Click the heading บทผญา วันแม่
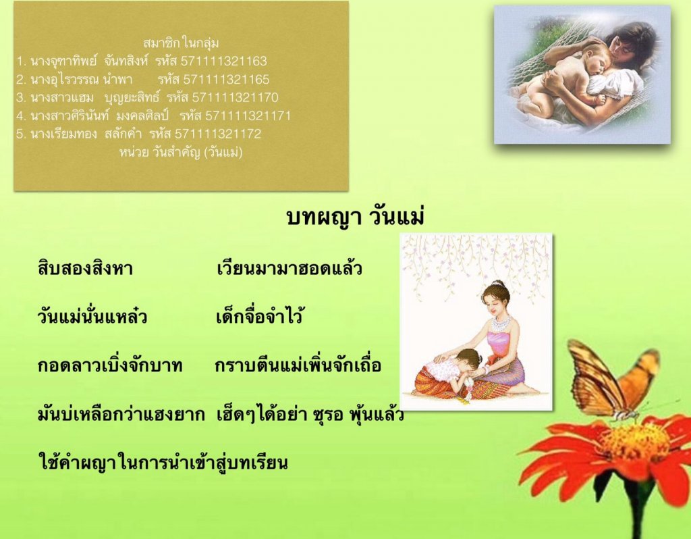(355, 217)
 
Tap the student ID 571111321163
(223, 61)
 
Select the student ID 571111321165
(226, 80)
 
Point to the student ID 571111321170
(236, 97)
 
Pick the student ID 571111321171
(248, 116)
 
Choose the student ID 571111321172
(218, 134)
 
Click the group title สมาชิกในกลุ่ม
(181, 43)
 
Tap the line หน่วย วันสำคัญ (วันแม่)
(181, 153)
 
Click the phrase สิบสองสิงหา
(86, 269)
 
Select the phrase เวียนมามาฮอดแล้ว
(289, 268)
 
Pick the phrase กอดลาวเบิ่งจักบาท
(110, 365)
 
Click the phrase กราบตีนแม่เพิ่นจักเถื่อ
(298, 365)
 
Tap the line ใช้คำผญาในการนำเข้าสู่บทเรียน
(163, 462)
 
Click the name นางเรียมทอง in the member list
(63, 134)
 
